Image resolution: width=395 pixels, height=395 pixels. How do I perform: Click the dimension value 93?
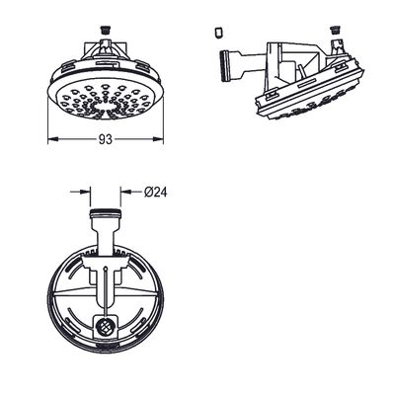click(106, 139)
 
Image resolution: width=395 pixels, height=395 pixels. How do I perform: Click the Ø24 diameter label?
click(155, 192)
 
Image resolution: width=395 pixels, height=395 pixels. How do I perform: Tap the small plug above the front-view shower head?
click(106, 31)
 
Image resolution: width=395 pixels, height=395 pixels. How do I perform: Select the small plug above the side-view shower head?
click(335, 31)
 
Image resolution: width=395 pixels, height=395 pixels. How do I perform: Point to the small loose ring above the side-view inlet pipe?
click(218, 33)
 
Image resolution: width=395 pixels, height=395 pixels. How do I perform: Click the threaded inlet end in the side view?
click(224, 65)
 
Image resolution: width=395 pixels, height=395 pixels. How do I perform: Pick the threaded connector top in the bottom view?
click(106, 213)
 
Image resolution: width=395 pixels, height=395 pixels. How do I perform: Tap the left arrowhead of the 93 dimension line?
click(52, 139)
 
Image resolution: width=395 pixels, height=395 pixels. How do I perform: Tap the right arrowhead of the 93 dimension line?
click(158, 139)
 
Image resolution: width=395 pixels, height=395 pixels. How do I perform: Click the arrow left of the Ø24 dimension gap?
click(81, 192)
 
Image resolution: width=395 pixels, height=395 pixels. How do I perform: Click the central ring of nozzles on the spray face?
click(106, 107)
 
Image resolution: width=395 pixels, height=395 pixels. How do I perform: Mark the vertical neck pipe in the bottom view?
click(106, 235)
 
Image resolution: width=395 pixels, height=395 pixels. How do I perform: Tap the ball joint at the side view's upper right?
click(336, 46)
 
